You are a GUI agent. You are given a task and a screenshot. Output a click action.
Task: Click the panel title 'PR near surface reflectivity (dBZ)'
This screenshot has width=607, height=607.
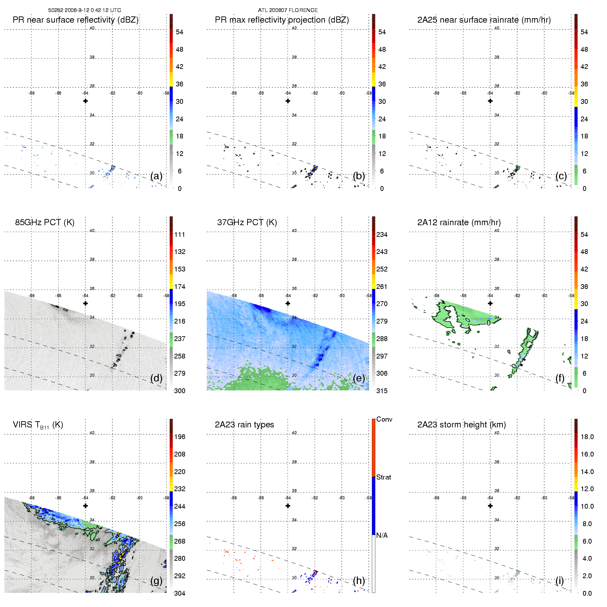pos(75,20)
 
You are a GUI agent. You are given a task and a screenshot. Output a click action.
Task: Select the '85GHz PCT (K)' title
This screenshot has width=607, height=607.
pos(45,222)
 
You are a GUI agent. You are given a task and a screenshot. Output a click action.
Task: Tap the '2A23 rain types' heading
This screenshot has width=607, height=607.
pos(244,425)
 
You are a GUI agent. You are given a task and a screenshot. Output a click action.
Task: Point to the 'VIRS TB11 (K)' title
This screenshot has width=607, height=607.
pos(38,425)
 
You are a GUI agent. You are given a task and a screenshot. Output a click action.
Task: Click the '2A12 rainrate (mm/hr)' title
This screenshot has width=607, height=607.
pos(459,222)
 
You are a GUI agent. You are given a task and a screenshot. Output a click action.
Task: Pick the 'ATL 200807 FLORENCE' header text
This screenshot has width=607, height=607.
pos(288,10)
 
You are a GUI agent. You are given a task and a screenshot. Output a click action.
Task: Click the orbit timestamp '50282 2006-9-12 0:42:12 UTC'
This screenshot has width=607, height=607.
pos(84,10)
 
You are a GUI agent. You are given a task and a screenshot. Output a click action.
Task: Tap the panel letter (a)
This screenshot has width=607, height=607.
pos(156,176)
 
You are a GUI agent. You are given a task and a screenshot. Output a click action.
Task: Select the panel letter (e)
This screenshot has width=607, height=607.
pos(359,378)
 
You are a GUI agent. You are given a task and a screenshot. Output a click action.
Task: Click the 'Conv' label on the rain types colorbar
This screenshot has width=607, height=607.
pos(384,419)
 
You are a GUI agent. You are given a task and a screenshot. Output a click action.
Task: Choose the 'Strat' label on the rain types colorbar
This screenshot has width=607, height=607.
pos(383,477)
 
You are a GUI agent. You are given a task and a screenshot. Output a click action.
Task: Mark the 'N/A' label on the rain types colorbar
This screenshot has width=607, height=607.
pos(382,535)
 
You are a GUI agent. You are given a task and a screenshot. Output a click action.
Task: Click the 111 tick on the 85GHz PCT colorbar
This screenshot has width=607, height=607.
pos(180,234)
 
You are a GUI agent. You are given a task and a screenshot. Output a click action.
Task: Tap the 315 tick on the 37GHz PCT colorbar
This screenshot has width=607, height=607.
pos(382,391)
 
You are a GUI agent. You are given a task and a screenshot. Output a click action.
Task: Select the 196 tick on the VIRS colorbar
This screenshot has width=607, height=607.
pos(180,437)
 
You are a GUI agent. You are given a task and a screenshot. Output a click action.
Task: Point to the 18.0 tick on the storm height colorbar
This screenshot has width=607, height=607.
pos(587,437)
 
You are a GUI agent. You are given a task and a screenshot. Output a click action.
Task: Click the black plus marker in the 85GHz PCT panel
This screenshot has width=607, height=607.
pos(85,303)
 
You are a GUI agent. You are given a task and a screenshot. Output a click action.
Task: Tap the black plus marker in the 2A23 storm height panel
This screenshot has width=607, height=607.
pos(490,506)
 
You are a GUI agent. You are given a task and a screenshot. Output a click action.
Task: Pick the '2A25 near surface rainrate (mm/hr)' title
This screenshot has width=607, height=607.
pos(484,20)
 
